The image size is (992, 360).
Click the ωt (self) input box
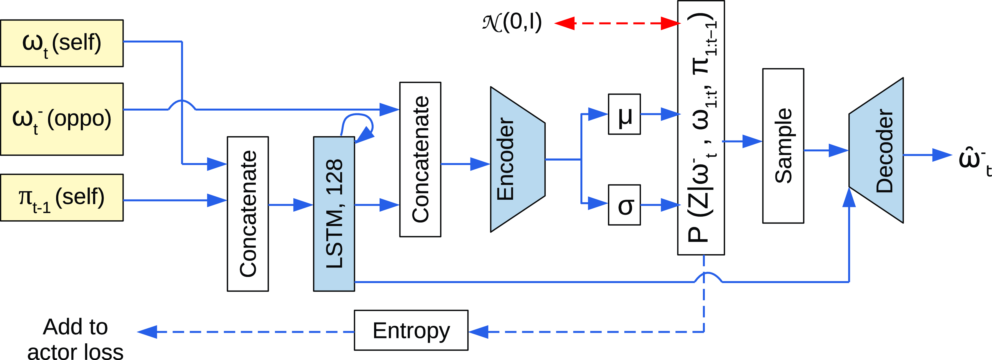[x=62, y=43]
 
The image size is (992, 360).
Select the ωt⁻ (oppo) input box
[x=62, y=119]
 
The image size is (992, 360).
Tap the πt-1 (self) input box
[x=62, y=197]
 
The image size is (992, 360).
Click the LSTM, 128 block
[x=334, y=214]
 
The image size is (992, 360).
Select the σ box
[x=624, y=205]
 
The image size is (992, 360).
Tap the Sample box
[x=783, y=146]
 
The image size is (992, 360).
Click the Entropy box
[x=411, y=330]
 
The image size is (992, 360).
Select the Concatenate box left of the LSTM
[x=248, y=214]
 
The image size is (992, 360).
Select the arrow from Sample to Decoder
[x=826, y=151]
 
